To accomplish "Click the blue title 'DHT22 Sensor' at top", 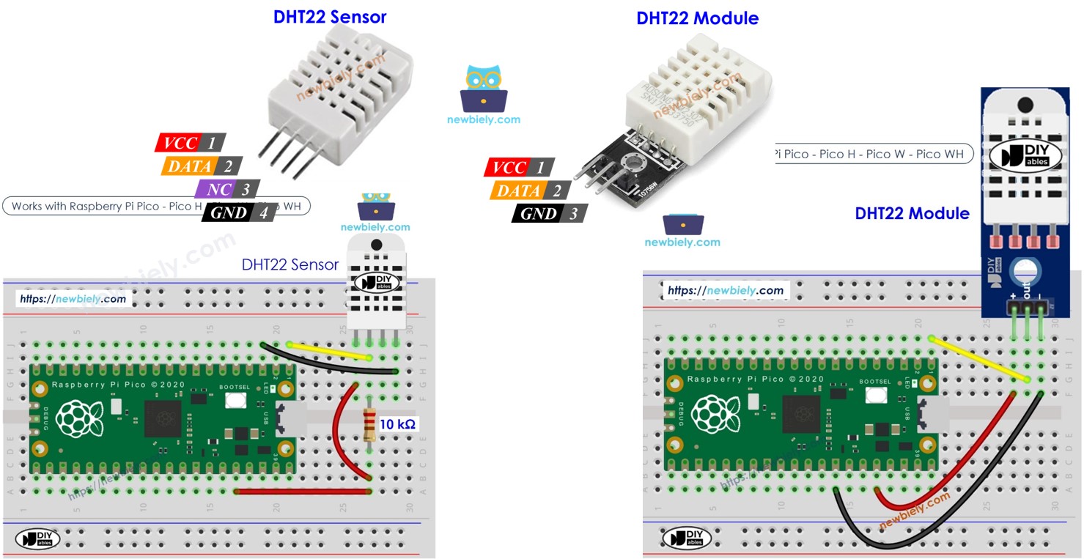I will point(330,17).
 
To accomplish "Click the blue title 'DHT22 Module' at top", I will point(697,18).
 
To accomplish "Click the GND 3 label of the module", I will point(549,213).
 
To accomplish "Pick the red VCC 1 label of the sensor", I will point(190,143).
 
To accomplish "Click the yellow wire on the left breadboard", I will point(330,351).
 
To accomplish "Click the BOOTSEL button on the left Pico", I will point(235,400).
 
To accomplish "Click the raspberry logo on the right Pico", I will point(710,413).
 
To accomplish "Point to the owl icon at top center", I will point(483,88).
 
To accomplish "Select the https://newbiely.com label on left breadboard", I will point(73,299).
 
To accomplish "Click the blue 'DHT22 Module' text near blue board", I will point(912,213).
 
